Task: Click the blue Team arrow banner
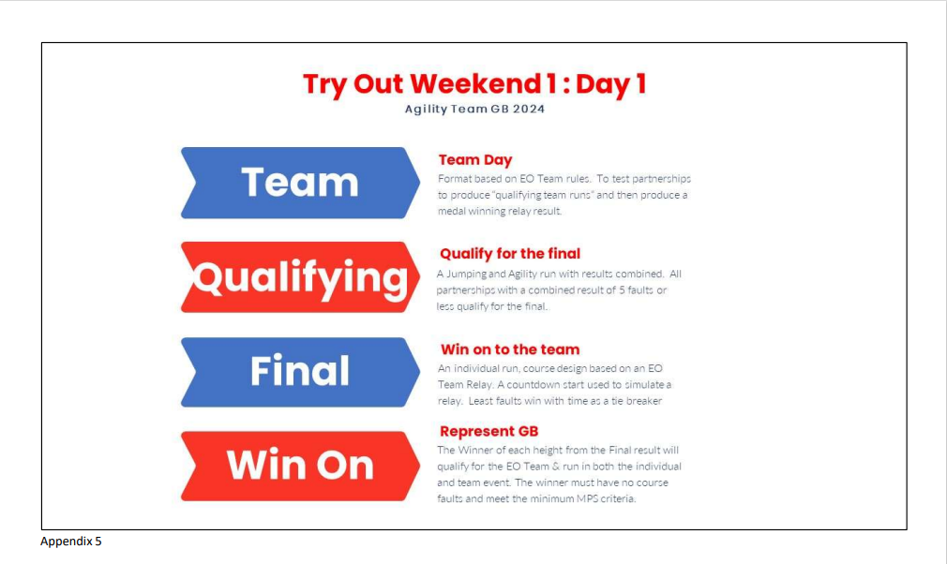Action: (300, 183)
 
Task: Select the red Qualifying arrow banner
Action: (300, 277)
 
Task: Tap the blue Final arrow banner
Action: (300, 372)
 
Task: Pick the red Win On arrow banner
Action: (300, 466)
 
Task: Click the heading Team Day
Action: (475, 160)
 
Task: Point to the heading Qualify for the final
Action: (510, 254)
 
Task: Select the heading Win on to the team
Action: (510, 349)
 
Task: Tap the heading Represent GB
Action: (489, 431)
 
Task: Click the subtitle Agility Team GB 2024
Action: (474, 110)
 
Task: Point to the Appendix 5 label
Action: (71, 542)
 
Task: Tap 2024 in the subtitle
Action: (529, 110)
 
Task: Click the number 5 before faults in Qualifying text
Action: (622, 290)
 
